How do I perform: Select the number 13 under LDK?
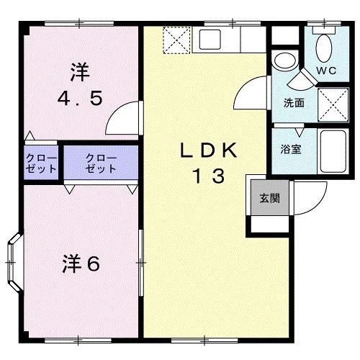208,174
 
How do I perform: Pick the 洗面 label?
293,103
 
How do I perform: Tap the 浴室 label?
291,150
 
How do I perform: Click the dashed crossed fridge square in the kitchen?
177,40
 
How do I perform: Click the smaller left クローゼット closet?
40,161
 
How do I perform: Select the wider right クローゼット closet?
100,161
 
